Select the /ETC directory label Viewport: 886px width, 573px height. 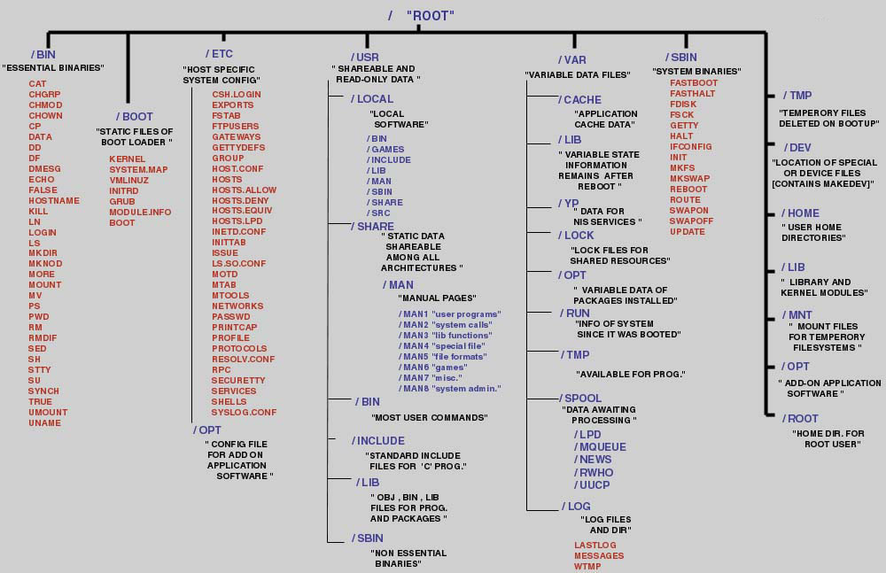(218, 54)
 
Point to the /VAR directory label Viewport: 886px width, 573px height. (571, 60)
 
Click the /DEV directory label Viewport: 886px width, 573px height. (797, 147)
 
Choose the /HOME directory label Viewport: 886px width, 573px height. (800, 213)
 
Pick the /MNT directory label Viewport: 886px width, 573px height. (797, 315)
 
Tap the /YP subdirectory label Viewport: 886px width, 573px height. (568, 203)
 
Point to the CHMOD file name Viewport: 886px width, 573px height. (45, 105)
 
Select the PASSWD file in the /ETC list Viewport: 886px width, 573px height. (230, 317)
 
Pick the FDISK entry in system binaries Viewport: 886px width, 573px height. (683, 105)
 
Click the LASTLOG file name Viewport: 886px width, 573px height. (595, 546)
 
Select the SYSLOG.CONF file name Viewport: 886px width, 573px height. (244, 413)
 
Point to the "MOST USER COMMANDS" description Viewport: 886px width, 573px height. (430, 417)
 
